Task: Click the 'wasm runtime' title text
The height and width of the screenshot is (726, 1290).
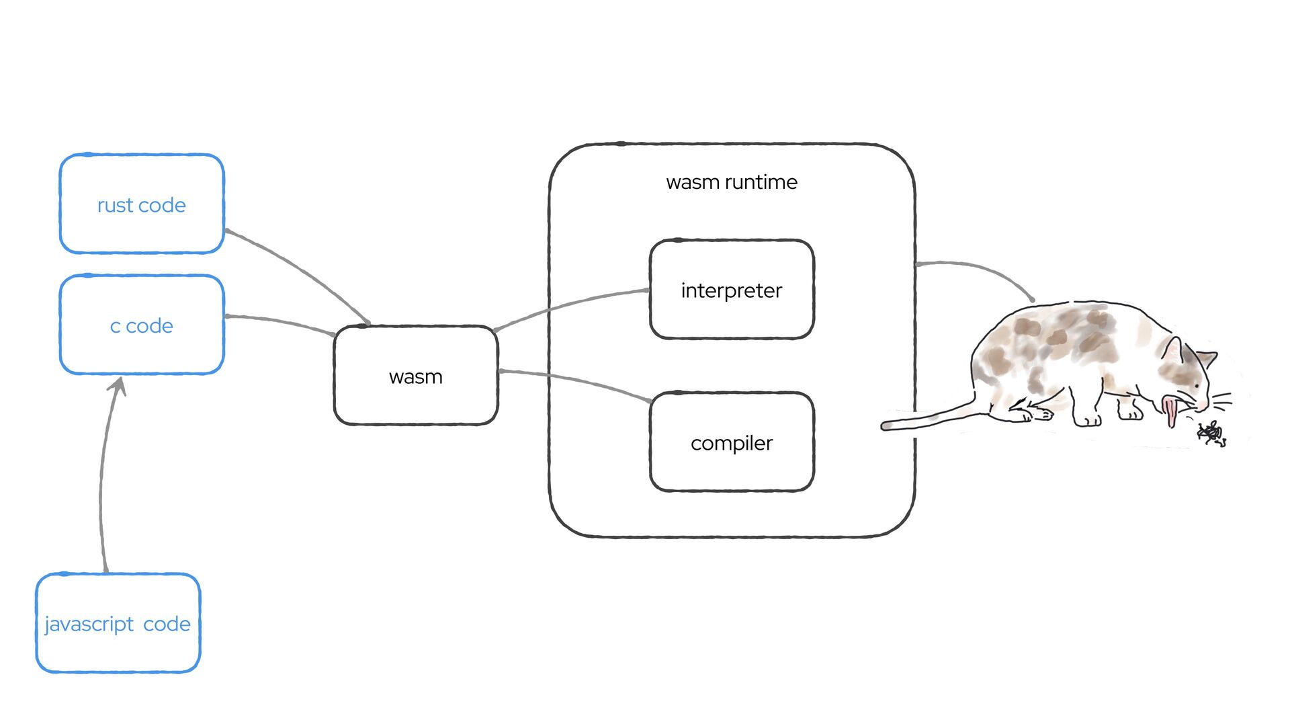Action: tap(732, 182)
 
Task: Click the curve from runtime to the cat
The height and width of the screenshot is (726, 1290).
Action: tap(981, 269)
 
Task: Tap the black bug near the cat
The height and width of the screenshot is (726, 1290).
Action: tap(1211, 434)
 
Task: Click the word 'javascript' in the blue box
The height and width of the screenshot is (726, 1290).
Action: tap(89, 624)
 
